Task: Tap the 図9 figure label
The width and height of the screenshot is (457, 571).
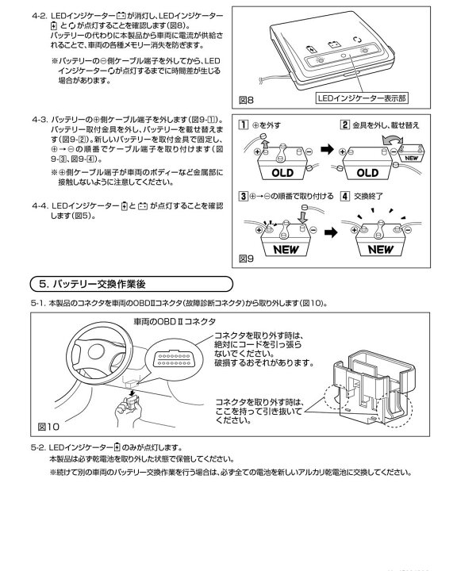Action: tap(248, 258)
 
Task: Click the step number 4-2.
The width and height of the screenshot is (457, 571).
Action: tap(41, 15)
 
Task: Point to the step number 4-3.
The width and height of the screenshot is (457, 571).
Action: tap(41, 118)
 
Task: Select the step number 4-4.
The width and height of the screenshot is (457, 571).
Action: tap(41, 205)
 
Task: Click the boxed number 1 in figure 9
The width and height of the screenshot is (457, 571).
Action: tap(244, 125)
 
